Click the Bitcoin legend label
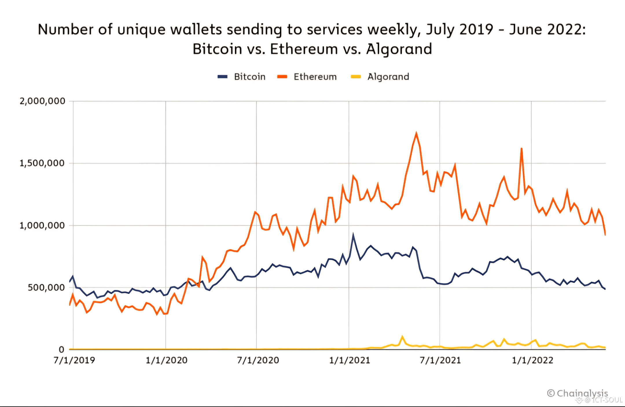click(249, 77)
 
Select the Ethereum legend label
click(315, 77)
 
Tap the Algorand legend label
click(388, 77)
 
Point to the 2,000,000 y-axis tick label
click(42, 101)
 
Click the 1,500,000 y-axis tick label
click(42, 163)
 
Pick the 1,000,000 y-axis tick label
click(42, 225)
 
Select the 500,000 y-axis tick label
click(46, 287)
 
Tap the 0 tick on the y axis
click(61, 350)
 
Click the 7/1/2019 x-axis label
click(74, 360)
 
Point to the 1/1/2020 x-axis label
click(166, 360)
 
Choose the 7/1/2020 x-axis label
click(258, 360)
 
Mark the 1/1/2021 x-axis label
click(350, 360)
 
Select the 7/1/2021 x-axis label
click(440, 360)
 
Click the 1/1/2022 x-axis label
click(532, 360)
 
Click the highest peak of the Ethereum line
click(416, 133)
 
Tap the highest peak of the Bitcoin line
click(353, 234)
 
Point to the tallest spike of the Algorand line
click(402, 337)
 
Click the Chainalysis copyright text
click(578, 393)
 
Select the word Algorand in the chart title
click(399, 49)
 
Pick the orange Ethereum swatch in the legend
click(282, 77)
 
